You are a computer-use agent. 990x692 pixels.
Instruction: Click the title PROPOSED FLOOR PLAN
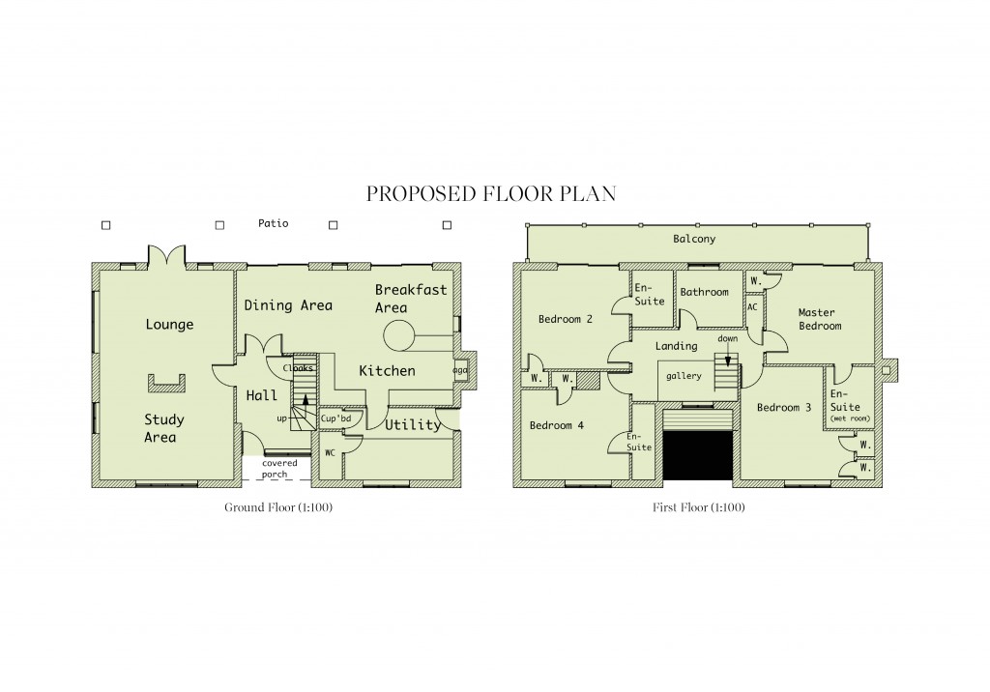point(491,194)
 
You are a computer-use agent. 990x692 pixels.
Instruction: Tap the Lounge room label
point(169,325)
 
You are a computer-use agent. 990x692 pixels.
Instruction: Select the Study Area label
point(163,428)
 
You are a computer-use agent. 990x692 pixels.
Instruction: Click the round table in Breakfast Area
point(399,337)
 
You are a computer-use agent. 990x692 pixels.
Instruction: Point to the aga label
point(459,370)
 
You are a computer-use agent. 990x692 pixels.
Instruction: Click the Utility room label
point(413,424)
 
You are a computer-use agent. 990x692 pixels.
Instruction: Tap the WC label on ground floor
point(331,451)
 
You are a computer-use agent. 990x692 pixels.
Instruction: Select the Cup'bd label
point(341,418)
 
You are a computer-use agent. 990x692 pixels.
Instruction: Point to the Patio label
point(273,223)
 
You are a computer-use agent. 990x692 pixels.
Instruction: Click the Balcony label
point(694,239)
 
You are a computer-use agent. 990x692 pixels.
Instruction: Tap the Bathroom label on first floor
point(704,292)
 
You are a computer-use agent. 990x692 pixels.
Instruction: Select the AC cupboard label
point(752,307)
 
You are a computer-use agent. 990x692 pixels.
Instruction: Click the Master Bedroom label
point(819,319)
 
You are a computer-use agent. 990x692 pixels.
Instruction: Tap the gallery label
point(684,376)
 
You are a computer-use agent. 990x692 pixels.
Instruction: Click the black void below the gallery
point(697,454)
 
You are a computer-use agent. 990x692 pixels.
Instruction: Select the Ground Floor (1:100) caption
point(278,507)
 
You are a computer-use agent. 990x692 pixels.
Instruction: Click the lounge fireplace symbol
point(166,384)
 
